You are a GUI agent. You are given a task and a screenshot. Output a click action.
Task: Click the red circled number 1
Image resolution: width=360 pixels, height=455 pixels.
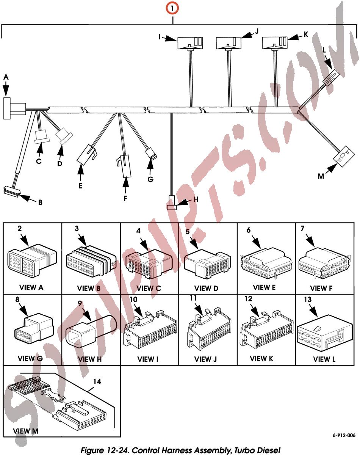[172, 8]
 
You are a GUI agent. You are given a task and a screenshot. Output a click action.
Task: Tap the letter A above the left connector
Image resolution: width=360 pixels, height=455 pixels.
[6, 77]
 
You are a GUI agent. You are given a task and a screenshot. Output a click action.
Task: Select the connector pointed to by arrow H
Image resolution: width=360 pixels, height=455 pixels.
[172, 202]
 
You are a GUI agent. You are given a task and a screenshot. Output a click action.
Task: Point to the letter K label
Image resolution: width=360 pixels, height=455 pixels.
[306, 34]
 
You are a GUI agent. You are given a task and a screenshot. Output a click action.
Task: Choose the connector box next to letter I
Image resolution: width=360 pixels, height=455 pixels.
[190, 43]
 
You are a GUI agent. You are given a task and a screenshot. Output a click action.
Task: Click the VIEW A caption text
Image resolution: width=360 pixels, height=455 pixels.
[31, 287]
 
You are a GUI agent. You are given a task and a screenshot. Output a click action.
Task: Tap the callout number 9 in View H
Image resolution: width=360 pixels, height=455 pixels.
[80, 303]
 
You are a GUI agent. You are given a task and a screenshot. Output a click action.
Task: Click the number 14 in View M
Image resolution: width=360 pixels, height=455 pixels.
[97, 382]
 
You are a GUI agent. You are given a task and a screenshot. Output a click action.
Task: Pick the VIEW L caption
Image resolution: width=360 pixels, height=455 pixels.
[324, 359]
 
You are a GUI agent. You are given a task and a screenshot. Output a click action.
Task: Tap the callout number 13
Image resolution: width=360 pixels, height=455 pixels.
[308, 300]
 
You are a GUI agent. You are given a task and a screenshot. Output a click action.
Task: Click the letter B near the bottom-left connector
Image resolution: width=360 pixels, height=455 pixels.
[40, 202]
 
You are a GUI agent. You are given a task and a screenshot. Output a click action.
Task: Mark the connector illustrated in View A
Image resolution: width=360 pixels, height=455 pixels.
[32, 260]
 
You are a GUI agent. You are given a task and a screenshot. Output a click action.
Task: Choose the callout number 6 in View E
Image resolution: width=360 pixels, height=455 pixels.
[248, 230]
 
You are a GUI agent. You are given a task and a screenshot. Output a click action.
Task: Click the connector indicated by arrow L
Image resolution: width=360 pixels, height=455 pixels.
[331, 78]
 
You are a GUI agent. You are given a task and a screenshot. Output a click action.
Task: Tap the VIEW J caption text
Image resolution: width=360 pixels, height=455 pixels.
[205, 359]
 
